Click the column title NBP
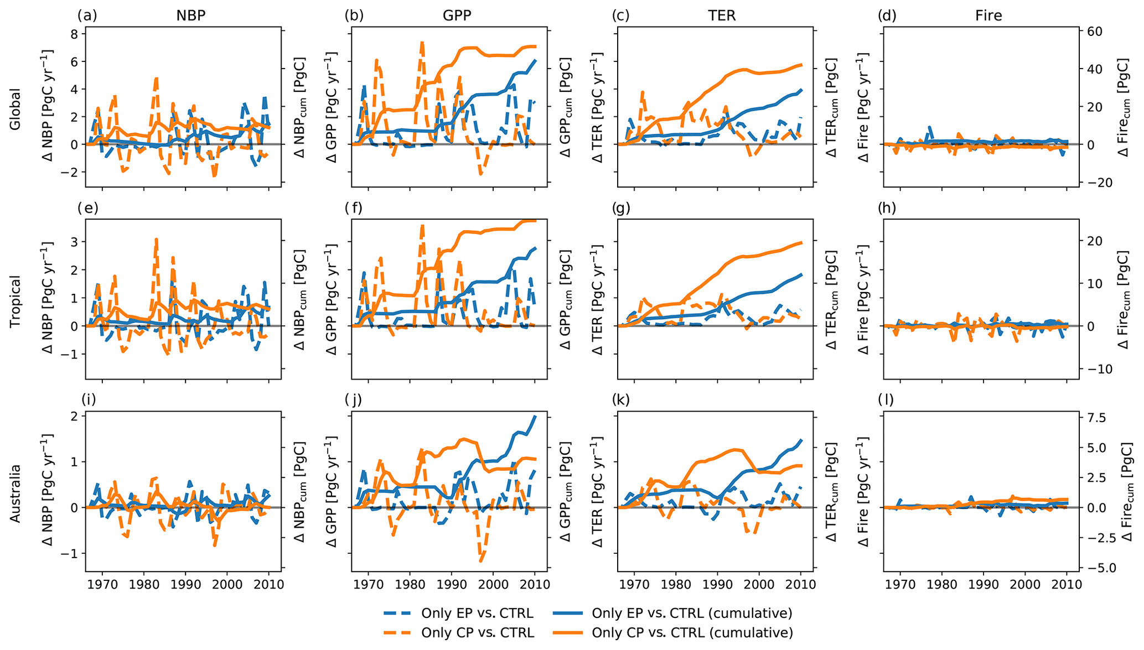(x=191, y=15)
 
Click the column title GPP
(x=457, y=15)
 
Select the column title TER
(x=722, y=15)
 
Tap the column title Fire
(x=988, y=15)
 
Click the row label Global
(x=15, y=109)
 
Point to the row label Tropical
(x=15, y=301)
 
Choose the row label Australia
(x=15, y=493)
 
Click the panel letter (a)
(x=87, y=15)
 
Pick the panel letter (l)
(x=886, y=399)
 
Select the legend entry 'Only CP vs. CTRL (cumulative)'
(x=692, y=632)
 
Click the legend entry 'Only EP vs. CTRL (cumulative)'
(x=692, y=613)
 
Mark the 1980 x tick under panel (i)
(x=144, y=584)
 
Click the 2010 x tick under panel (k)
(x=801, y=584)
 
